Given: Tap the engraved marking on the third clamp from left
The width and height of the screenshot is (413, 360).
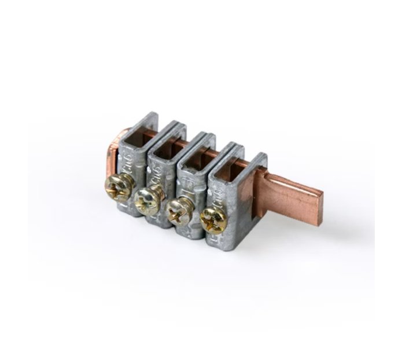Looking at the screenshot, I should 186,190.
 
